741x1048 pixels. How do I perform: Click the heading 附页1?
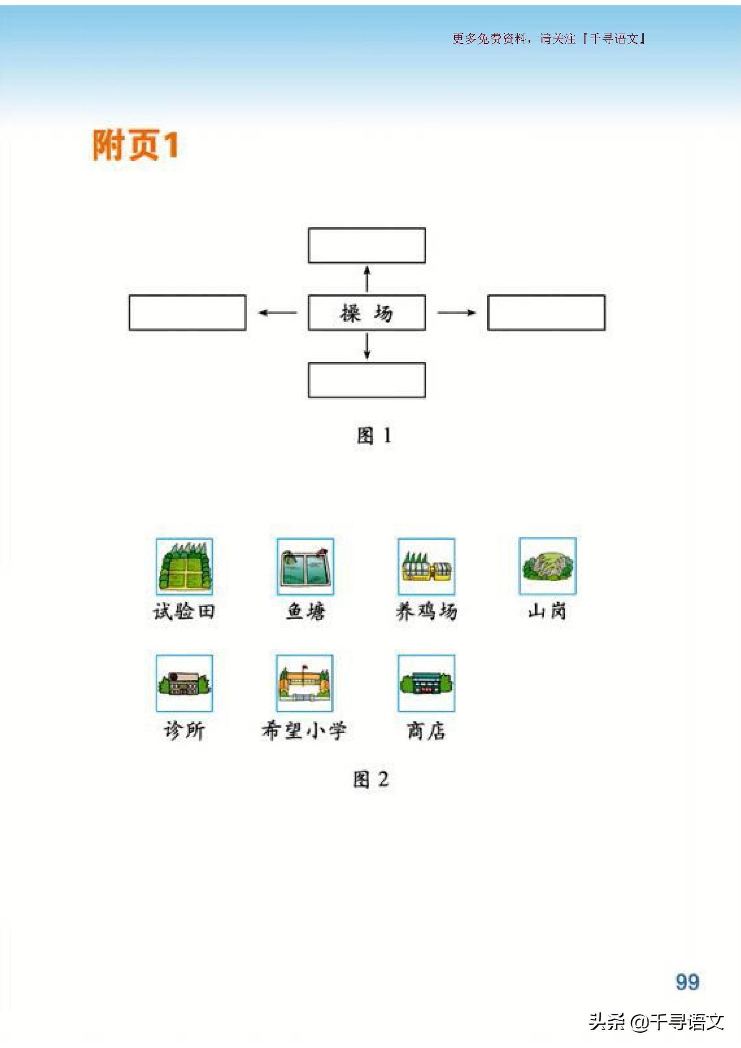pyautogui.click(x=135, y=145)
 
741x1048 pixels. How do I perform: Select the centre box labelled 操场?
pyautogui.click(x=367, y=313)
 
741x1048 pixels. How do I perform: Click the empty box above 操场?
pyautogui.click(x=367, y=246)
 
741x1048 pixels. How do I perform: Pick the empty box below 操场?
pyautogui.click(x=367, y=380)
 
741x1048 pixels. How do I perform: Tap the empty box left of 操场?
pyautogui.click(x=188, y=313)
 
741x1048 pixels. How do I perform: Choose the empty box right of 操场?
pyautogui.click(x=546, y=313)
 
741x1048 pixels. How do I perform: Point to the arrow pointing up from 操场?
pyautogui.click(x=367, y=279)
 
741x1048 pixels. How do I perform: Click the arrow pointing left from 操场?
pyautogui.click(x=277, y=313)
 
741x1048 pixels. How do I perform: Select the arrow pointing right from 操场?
pyautogui.click(x=456, y=313)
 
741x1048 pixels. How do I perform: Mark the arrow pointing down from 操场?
pyautogui.click(x=367, y=346)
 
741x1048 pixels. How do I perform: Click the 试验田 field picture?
pyautogui.click(x=184, y=566)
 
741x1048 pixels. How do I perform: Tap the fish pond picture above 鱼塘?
pyautogui.click(x=305, y=566)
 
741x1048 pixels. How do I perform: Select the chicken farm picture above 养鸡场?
pyautogui.click(x=426, y=566)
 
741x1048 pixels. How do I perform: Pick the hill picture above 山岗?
pyautogui.click(x=547, y=566)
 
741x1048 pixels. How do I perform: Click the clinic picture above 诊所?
pyautogui.click(x=184, y=683)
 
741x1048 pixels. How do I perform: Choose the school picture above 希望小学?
pyautogui.click(x=304, y=683)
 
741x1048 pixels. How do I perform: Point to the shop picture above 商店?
pyautogui.click(x=426, y=683)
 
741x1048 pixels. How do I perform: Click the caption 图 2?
pyautogui.click(x=371, y=779)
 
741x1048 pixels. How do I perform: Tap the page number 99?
pyautogui.click(x=687, y=982)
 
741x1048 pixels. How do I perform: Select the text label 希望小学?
pyautogui.click(x=304, y=731)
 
